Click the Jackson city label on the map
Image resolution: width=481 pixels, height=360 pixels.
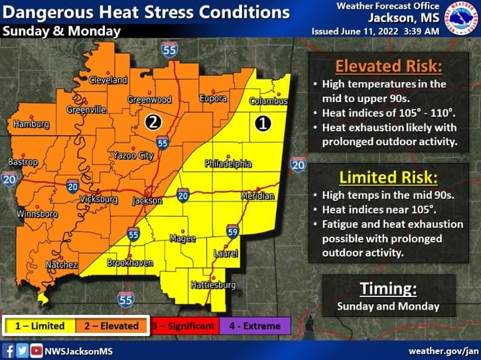coord(147,200)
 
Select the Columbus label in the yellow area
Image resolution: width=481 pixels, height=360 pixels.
coord(268,101)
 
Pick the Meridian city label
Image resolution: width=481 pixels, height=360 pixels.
coord(257,196)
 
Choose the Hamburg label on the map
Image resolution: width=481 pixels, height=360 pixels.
coord(31,124)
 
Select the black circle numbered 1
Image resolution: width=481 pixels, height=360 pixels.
coord(263,123)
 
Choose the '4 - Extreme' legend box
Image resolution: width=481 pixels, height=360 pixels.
coord(255,326)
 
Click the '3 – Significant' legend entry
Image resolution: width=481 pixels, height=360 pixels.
coord(183,326)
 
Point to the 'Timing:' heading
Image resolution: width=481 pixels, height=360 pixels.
coord(388,288)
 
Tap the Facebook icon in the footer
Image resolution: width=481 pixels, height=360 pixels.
coord(9,350)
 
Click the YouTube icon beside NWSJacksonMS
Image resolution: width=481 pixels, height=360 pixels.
coord(36,350)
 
